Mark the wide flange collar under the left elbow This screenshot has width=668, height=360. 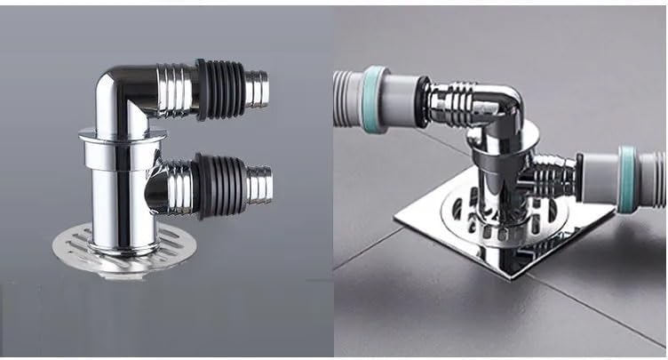(122, 135)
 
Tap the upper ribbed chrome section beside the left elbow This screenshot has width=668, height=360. (177, 89)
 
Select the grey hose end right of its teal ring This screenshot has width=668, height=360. (653, 178)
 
